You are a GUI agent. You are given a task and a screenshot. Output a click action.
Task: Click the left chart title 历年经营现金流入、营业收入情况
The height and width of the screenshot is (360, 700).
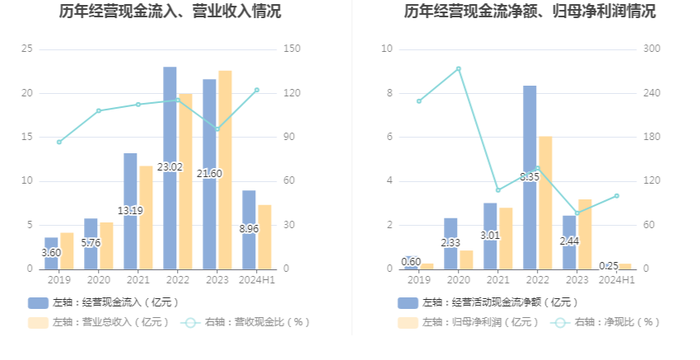[170, 12]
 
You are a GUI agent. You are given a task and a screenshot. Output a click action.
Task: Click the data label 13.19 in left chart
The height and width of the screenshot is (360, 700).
[130, 211]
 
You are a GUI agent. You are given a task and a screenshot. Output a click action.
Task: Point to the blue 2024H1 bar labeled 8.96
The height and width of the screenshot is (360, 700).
[249, 228]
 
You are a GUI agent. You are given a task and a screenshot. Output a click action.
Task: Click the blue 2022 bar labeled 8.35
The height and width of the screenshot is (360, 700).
[530, 176]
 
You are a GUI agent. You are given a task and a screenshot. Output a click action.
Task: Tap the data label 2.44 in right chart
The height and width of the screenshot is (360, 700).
[569, 241]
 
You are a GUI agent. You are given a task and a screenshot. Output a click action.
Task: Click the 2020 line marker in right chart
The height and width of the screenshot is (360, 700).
[458, 68]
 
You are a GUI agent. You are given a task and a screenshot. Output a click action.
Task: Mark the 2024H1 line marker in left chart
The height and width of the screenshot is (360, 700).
[257, 90]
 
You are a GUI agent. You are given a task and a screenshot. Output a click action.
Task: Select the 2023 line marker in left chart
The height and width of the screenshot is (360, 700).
[217, 129]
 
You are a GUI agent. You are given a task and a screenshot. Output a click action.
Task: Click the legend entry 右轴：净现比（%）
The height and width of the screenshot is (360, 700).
[605, 322]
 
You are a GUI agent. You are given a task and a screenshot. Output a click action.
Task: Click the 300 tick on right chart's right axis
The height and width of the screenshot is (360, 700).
[651, 49]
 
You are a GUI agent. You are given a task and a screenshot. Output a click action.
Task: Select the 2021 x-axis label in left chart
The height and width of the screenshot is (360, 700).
[138, 280]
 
